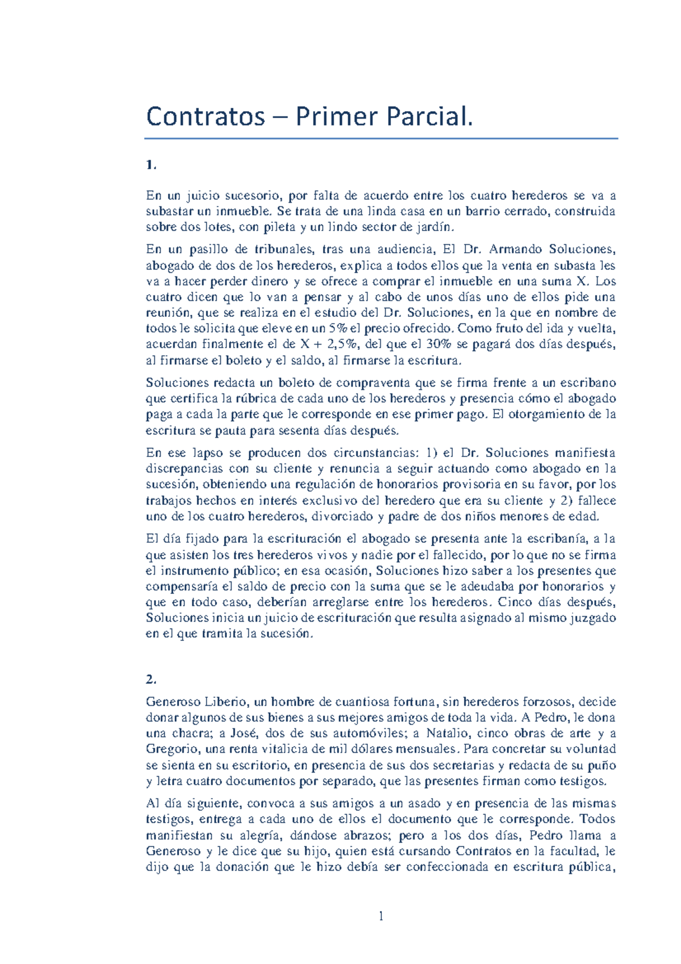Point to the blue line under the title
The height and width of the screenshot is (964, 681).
click(x=381, y=138)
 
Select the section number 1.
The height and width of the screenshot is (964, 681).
click(x=150, y=165)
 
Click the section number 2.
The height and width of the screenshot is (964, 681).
click(x=150, y=679)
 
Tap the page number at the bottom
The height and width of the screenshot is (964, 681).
click(x=381, y=916)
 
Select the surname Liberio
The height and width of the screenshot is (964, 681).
click(x=225, y=702)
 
